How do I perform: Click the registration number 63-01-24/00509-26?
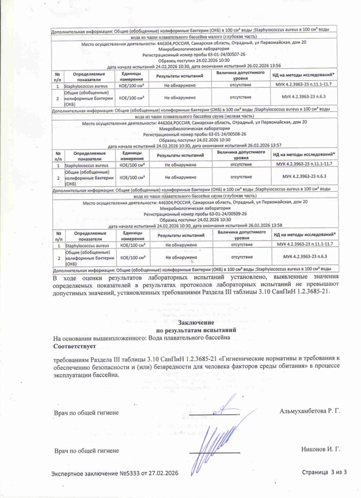tap(225, 213)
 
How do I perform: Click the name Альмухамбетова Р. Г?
tap(309, 411)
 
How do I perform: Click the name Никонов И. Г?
tap(321, 450)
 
